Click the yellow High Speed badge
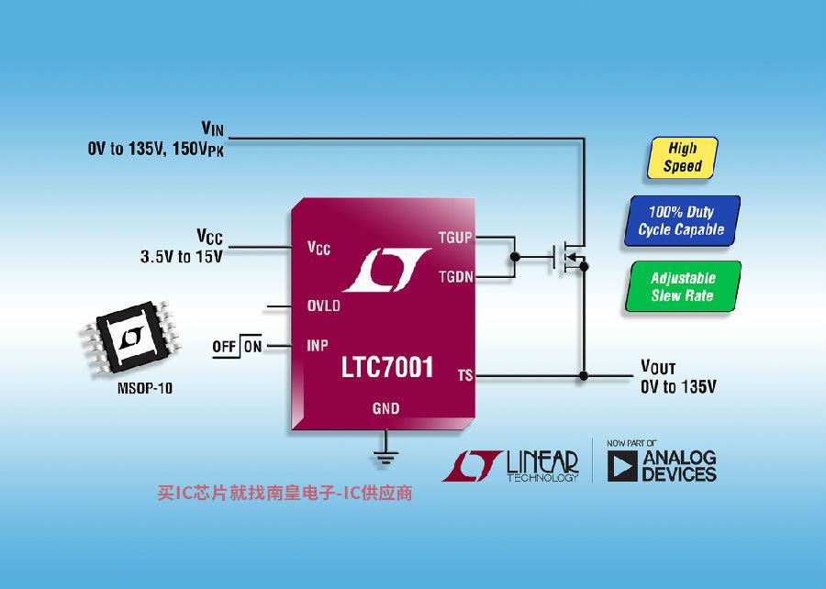point(682,158)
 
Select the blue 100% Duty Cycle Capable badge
point(682,220)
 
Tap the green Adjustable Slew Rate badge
point(683,286)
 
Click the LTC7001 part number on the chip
point(387,367)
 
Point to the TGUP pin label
point(455,238)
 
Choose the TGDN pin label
point(455,276)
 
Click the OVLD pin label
point(323,306)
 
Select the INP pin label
point(318,345)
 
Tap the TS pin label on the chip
point(465,375)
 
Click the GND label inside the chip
point(386,408)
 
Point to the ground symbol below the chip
point(385,457)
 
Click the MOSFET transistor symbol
point(570,257)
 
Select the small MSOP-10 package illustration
point(130,337)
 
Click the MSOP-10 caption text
point(145,388)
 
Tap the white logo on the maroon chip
point(387,270)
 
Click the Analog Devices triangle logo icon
point(622,466)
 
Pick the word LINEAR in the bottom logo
point(542,461)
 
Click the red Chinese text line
point(285,494)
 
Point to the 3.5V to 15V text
point(181,257)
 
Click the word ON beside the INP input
point(253,347)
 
